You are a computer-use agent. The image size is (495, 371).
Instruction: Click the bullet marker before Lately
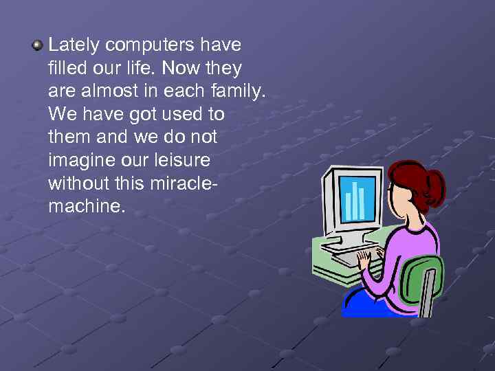tap(36, 46)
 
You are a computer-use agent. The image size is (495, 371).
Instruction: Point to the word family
tap(239, 91)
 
